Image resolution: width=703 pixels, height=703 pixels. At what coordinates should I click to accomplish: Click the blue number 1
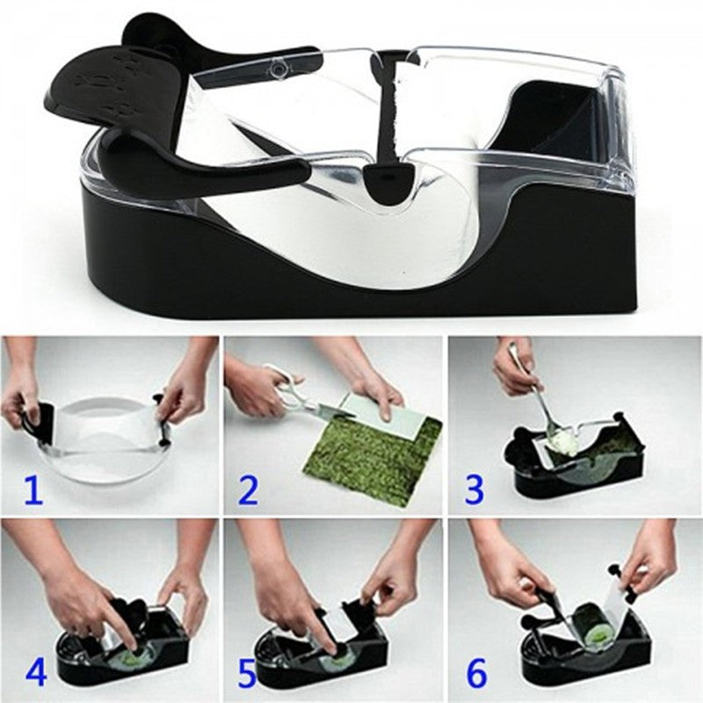(33, 489)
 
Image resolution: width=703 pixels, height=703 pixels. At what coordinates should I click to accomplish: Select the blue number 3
(474, 489)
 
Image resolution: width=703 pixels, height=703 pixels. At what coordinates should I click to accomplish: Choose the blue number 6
(475, 672)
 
